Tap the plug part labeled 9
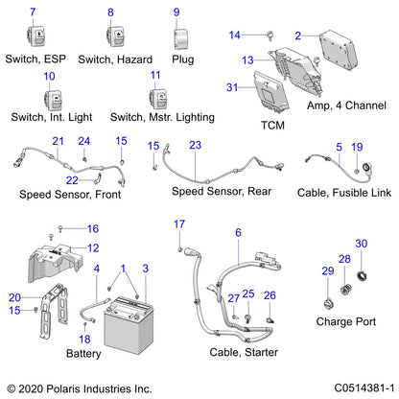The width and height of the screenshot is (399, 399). coord(177,36)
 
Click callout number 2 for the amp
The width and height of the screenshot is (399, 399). coord(297,35)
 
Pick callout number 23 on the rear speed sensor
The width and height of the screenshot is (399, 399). coord(196,145)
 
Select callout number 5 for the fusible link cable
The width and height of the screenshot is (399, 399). coord(339,147)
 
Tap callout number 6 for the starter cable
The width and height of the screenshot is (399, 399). coord(236,232)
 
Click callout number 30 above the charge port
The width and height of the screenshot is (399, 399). coord(362,244)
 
